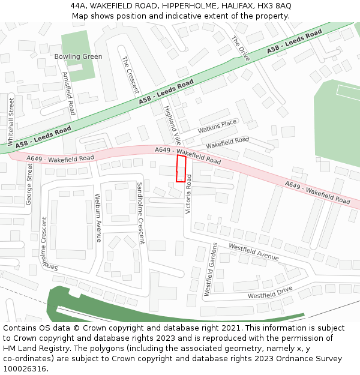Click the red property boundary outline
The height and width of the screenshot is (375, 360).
pos(181,169)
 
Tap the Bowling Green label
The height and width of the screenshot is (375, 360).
pos(78,56)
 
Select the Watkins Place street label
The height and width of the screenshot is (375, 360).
pos(217,126)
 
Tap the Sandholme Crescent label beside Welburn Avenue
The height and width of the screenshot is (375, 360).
pos(141,213)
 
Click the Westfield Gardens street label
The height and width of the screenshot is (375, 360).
pos(211,269)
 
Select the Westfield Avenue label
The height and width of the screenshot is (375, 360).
pos(254,251)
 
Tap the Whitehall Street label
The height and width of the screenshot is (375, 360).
pos(10,122)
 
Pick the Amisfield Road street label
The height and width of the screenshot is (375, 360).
pos(68,94)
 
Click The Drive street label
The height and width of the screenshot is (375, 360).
pos(240,49)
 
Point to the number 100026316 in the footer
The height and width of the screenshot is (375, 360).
pos(25,368)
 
